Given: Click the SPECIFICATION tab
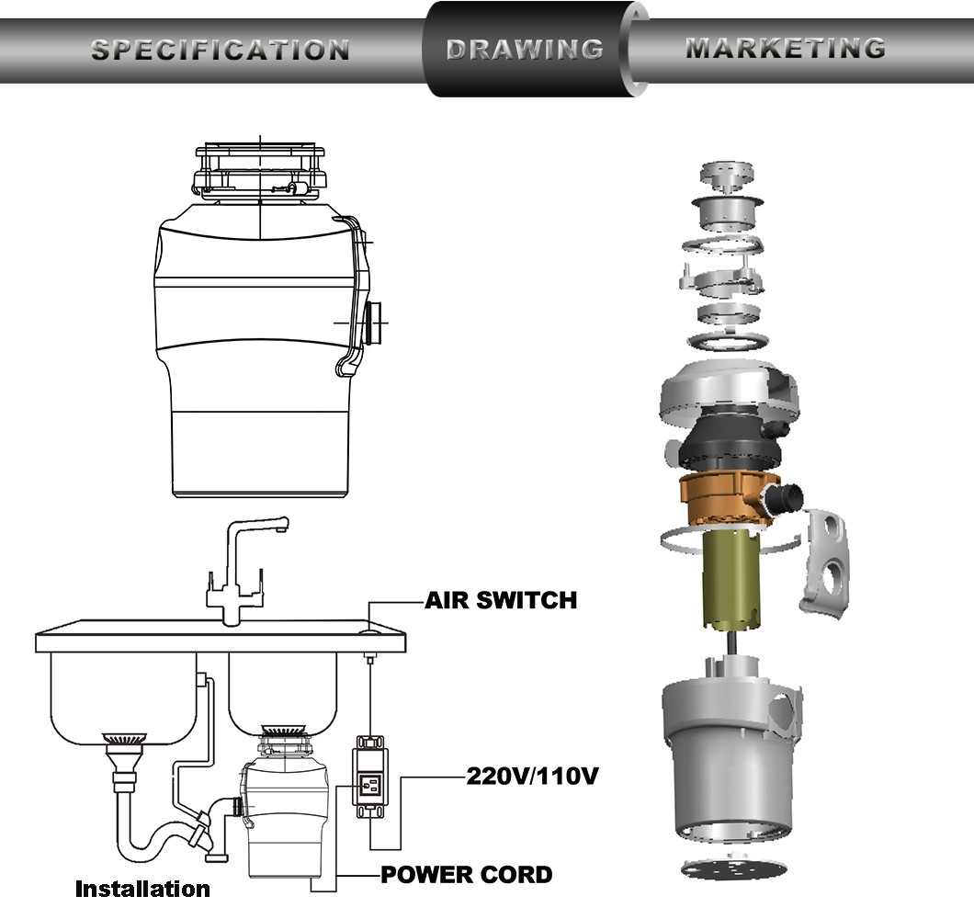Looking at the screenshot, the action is [x=220, y=51].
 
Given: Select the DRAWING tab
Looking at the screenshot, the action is [x=525, y=50].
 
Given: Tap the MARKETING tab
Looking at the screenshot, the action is [x=786, y=49].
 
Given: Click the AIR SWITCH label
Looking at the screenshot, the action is [x=501, y=600].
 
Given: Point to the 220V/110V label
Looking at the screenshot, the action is [x=532, y=776].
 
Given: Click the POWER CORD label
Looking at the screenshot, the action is [x=467, y=875].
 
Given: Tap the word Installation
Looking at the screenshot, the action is [x=142, y=890].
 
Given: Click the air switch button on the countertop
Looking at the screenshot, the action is [x=370, y=632].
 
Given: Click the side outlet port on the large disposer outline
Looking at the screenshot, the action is [x=375, y=322].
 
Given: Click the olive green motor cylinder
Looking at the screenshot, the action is [x=730, y=580].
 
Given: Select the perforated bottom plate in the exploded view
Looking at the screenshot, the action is [x=734, y=868].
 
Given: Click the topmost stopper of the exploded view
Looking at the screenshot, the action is [x=728, y=176].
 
